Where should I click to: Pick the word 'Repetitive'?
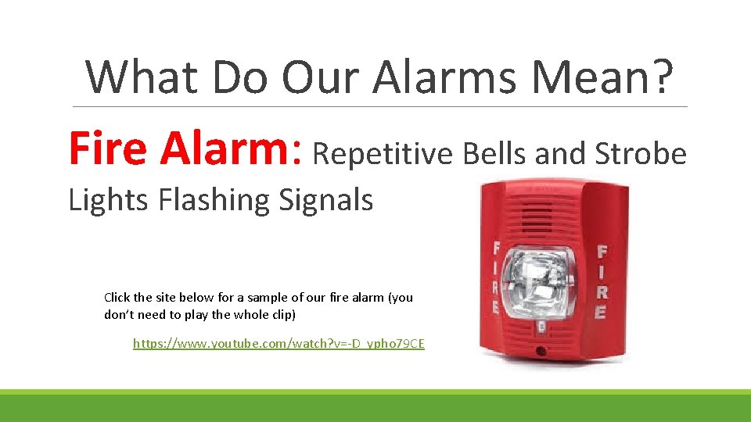(383, 155)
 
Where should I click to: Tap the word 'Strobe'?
(641, 155)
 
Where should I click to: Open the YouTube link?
(278, 343)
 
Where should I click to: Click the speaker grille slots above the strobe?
(537, 214)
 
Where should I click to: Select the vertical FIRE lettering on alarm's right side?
(601, 281)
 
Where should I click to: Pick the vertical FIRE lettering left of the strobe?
(494, 278)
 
